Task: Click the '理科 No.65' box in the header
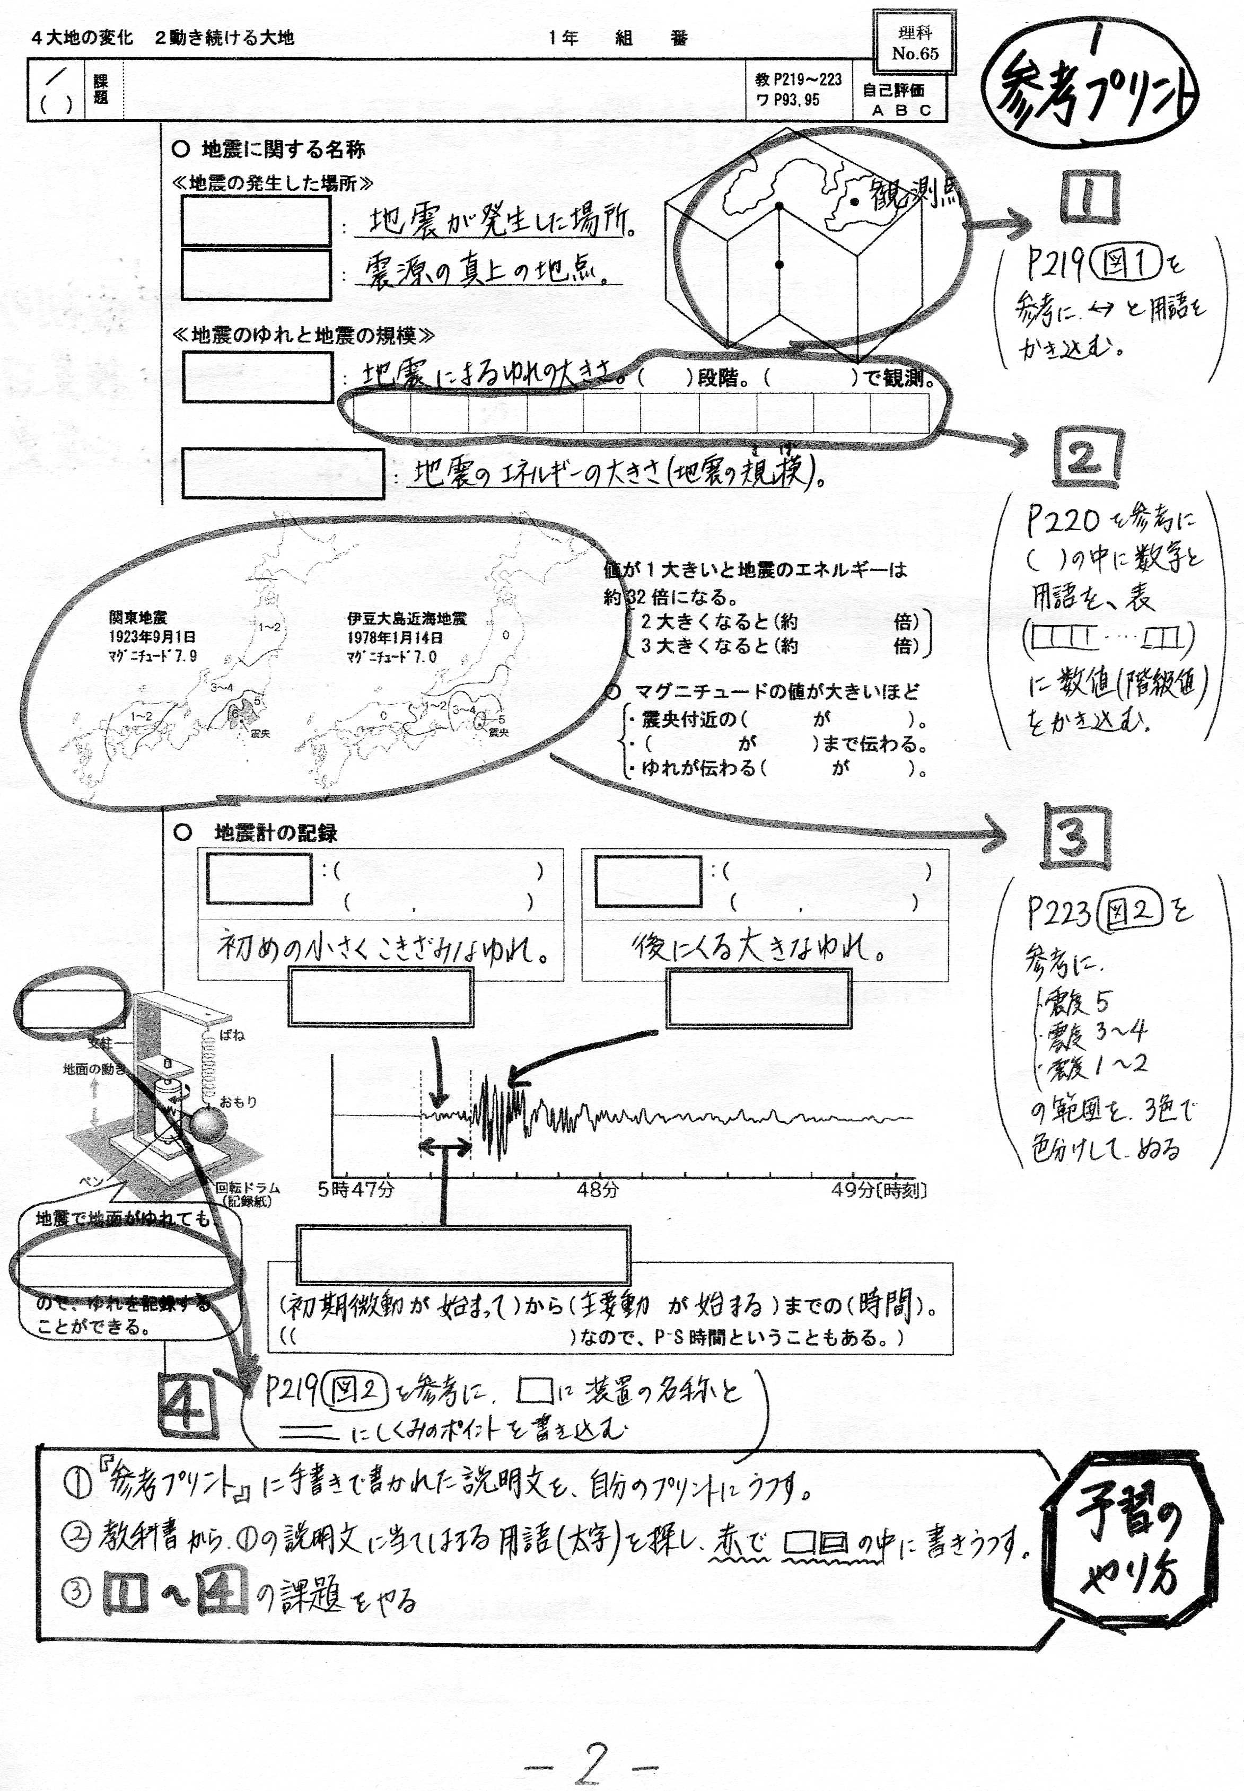pos(914,43)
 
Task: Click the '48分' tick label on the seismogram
pos(598,1189)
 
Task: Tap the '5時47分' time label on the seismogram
pos(356,1189)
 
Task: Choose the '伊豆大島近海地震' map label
pos(406,619)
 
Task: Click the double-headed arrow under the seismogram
pos(445,1145)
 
